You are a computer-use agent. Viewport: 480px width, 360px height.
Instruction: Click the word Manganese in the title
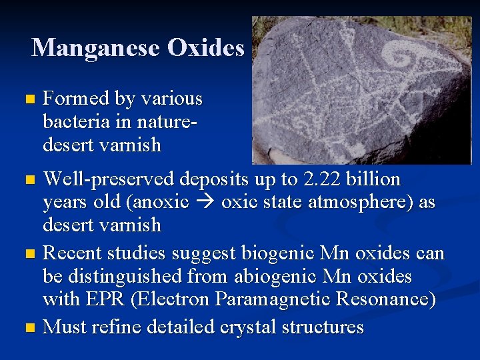(96, 47)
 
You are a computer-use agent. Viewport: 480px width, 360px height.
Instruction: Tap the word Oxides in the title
(206, 47)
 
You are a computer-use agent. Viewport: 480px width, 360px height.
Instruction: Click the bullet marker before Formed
(27, 100)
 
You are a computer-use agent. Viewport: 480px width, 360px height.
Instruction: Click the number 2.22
(321, 179)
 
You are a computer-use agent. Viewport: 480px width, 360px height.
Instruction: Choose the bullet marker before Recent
(27, 254)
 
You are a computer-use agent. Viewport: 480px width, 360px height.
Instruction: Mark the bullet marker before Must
(27, 328)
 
